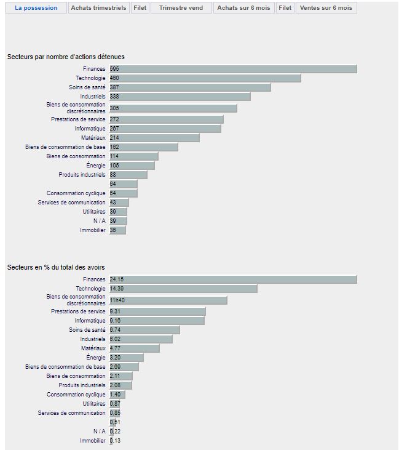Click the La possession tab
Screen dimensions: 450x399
point(36,8)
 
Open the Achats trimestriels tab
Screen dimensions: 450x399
point(98,8)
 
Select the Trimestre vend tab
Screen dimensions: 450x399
point(182,8)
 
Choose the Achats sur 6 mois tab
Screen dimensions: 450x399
point(243,8)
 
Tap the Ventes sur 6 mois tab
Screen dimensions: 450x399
point(326,8)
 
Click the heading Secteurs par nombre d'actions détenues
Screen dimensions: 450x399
point(66,57)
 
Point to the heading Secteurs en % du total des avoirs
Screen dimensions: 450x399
point(56,267)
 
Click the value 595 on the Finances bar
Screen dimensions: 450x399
point(114,69)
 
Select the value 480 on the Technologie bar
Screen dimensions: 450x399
point(114,78)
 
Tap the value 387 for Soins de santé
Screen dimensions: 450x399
point(114,87)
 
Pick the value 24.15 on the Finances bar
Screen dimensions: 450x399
point(117,279)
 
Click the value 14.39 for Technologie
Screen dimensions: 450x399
point(117,289)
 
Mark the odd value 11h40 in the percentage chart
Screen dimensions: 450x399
point(117,300)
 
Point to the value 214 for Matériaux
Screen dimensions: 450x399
point(114,138)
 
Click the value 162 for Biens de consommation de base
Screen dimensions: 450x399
point(114,147)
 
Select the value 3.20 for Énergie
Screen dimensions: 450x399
point(116,358)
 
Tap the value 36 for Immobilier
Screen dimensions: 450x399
point(113,230)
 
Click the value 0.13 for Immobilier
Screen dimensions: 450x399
point(116,441)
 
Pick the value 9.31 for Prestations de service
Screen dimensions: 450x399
point(116,311)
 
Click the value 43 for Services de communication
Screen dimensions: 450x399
point(113,203)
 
